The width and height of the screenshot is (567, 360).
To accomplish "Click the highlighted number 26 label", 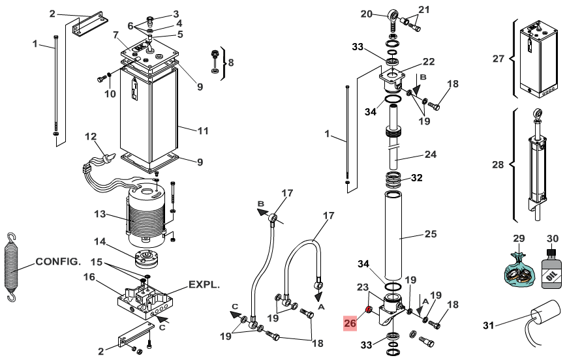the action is [350, 323].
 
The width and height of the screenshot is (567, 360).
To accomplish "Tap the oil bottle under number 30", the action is [551, 269].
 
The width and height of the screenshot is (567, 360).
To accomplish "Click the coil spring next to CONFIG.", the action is [12, 267].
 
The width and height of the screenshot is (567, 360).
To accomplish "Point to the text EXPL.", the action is [204, 285].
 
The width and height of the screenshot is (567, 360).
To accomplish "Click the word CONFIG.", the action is [58, 262].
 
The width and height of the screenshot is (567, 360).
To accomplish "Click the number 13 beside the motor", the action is [100, 214].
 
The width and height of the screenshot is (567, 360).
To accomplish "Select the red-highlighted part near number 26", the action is [369, 309].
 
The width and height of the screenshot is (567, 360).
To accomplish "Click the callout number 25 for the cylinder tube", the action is [431, 234].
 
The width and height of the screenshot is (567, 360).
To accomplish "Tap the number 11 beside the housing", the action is [203, 131].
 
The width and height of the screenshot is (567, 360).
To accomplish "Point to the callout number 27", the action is [498, 59].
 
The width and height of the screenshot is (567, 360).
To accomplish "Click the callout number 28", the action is [498, 165].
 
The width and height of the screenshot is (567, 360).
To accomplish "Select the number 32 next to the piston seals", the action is [416, 178].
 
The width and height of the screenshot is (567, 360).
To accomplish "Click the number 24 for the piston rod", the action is [431, 155].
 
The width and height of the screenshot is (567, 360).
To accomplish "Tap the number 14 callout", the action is [100, 241].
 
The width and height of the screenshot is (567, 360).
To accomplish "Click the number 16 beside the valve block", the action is [89, 277].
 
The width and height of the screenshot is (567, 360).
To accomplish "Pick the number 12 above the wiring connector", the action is [91, 136].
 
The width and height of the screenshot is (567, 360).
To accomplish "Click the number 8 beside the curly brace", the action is [231, 63].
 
